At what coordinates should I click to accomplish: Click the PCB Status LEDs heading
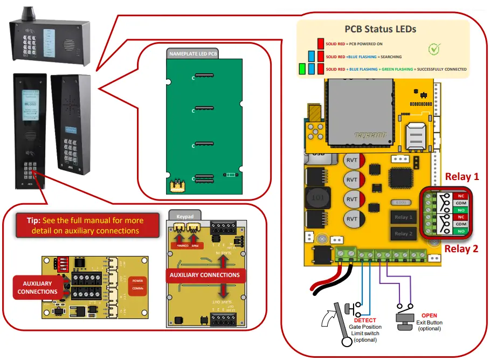380,29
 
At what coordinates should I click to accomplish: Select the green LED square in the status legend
302,69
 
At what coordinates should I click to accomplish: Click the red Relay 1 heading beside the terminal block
461,176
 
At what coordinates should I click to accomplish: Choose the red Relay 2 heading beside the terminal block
461,248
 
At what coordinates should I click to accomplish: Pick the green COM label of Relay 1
461,204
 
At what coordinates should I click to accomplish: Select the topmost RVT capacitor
352,161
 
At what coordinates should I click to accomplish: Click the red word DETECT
365,321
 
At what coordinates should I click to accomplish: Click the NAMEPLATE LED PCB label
194,54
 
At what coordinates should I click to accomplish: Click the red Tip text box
85,225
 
